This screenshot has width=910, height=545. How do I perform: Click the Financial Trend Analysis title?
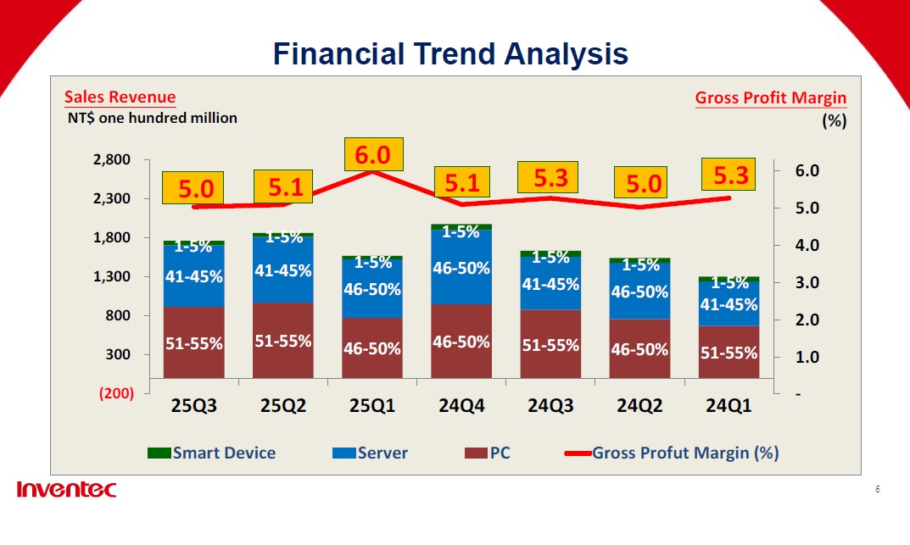450,54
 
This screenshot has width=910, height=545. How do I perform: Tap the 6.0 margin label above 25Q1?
372,155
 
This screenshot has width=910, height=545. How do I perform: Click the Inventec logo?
66,490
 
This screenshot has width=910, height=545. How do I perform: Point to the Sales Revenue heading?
120,97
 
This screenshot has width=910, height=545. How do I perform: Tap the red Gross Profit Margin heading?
770,98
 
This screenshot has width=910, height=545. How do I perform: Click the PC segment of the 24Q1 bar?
729,352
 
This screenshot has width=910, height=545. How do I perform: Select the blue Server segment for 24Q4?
461,268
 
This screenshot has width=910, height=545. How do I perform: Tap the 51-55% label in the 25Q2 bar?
283,341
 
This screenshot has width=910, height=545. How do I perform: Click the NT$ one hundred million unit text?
153,119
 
